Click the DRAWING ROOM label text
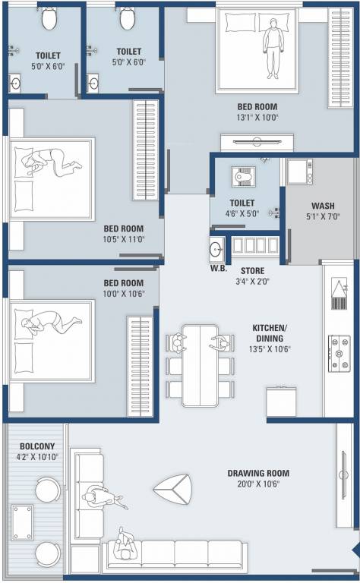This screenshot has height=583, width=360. pos(258,473)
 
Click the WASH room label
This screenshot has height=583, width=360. pos(323,206)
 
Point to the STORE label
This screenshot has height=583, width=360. pos(252,270)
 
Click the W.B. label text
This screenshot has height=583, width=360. pos(219,268)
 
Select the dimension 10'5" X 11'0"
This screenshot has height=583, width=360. pos(124,238)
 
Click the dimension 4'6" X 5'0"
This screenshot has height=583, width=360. pos(241,214)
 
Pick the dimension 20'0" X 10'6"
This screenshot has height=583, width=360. pos(258,484)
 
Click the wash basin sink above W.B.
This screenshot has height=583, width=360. pos(216,248)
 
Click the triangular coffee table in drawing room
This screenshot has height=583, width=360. pos(173,489)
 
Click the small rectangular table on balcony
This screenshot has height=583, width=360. pos(22,522)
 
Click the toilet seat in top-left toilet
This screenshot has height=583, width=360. pos(49,19)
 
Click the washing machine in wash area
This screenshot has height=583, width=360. pos(298,171)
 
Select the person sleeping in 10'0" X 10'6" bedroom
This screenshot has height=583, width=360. pos(49,324)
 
